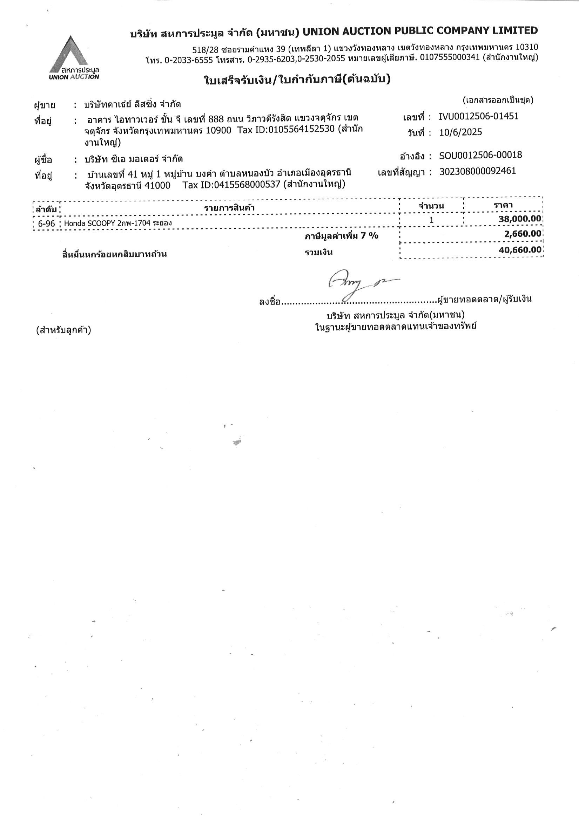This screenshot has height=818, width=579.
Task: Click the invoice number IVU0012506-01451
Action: click(479, 116)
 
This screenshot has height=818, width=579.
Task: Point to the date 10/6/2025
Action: click(460, 132)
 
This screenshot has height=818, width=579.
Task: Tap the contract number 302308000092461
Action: click(477, 171)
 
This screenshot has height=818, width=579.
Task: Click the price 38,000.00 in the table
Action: click(520, 219)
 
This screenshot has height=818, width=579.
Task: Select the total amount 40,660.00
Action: click(520, 250)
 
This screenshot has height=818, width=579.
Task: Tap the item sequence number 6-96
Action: click(46, 224)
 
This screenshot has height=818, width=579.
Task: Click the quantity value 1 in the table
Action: click(431, 220)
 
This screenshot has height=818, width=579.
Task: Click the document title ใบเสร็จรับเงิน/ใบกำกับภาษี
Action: click(297, 80)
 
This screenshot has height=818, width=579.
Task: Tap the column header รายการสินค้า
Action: click(229, 208)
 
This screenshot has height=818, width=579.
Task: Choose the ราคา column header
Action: click(503, 205)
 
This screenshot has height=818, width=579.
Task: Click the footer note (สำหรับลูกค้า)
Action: click(63, 331)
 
